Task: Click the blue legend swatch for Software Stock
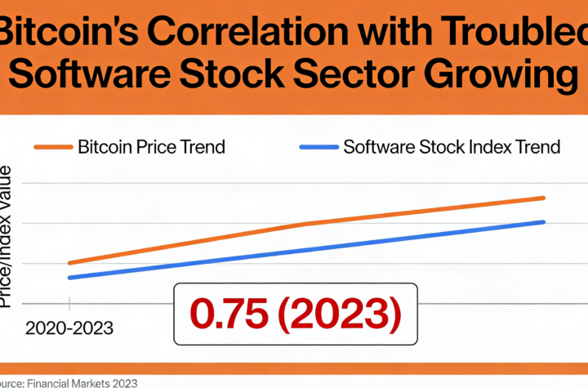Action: (318, 148)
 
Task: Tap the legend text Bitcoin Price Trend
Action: (151, 148)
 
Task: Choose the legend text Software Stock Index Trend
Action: (452, 148)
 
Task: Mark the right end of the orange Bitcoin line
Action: (543, 198)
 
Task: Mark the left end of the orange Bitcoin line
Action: (69, 263)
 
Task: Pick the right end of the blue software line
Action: (543, 221)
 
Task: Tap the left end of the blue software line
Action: (69, 278)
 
